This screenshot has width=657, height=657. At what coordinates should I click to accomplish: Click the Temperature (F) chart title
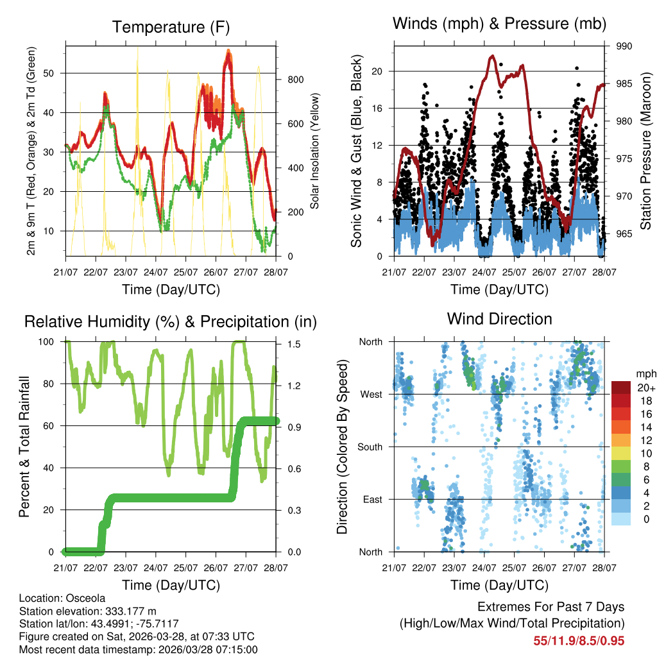coord(171,27)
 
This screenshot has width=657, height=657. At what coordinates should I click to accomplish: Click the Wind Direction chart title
coord(499,319)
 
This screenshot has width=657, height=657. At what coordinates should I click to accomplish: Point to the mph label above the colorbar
coord(644,373)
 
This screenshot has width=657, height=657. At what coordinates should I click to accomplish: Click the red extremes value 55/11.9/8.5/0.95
coord(579,640)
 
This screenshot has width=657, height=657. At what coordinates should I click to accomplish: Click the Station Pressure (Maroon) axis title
coord(646,151)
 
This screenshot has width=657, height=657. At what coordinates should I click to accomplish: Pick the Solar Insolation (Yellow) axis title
coord(315,151)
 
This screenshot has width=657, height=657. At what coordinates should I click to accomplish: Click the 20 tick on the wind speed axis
coord(378,71)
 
